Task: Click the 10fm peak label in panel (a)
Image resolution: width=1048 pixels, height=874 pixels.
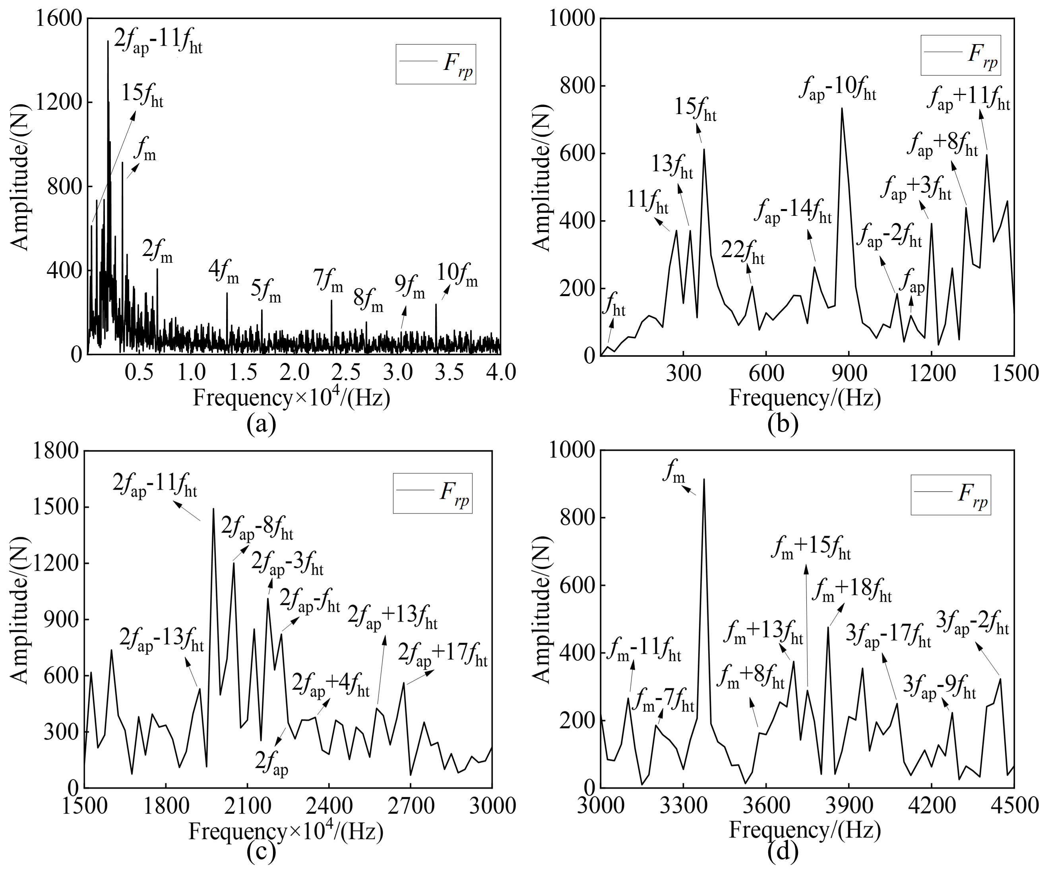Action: [x=457, y=275]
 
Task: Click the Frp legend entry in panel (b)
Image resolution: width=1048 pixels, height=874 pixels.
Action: [x=960, y=55]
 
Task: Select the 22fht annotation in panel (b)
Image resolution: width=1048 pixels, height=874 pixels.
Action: [x=743, y=252]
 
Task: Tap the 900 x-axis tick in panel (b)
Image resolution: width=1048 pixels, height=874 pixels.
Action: [x=849, y=373]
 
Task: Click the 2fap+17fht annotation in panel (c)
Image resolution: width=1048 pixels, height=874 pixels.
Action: [x=442, y=656]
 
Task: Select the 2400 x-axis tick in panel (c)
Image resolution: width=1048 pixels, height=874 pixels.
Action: [x=328, y=806]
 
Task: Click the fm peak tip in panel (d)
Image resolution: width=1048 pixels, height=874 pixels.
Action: [x=704, y=479]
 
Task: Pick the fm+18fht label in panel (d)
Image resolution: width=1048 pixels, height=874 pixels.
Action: [x=851, y=591]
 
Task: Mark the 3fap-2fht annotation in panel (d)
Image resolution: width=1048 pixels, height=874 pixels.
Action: [x=972, y=624]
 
